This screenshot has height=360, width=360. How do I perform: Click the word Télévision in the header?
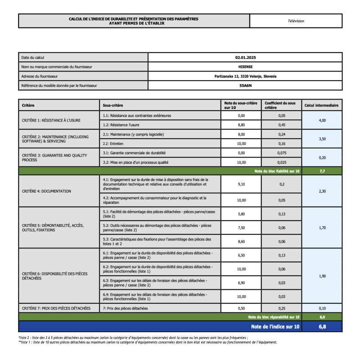point(296,21)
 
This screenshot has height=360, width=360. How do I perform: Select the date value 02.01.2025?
point(245,58)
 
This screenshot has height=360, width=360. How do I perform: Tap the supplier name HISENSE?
point(245,67)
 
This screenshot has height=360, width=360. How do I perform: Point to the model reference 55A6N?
point(245,85)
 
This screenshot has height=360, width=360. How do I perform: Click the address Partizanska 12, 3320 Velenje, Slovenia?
point(245,76)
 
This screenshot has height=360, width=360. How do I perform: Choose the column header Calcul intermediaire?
point(321,105)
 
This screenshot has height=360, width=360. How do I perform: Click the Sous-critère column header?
point(113,105)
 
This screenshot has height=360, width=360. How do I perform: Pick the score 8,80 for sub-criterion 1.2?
point(241,125)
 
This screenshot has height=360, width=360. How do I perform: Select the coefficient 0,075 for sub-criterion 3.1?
point(281,153)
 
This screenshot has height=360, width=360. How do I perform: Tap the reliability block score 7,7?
point(322,171)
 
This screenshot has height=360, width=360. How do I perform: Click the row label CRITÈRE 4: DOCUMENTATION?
point(46,191)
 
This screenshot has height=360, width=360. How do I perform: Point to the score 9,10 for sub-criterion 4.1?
point(241,184)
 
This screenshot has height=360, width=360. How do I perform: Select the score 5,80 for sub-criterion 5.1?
point(241,214)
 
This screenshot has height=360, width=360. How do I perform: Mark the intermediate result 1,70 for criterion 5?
point(322,228)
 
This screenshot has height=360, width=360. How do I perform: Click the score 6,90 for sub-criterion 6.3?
point(241,283)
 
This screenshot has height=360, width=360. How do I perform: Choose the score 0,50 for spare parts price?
point(241,308)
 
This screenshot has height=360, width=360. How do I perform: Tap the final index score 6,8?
point(322,326)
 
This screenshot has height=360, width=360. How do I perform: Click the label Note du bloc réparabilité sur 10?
point(274,317)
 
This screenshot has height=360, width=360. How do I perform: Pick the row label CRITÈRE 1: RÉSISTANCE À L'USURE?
point(51,120)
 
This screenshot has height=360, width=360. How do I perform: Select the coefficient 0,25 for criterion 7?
point(281,308)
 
